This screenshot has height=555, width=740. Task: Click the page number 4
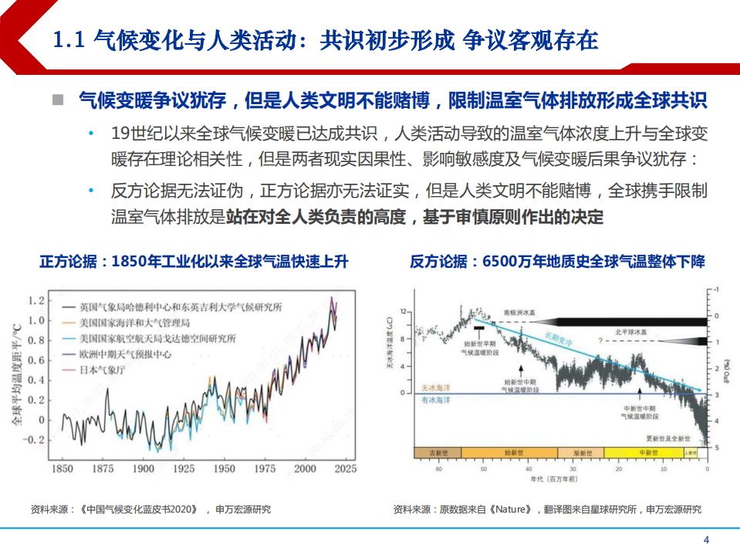pyautogui.click(x=705, y=539)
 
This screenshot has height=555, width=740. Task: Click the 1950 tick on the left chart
pyautogui.click(x=225, y=469)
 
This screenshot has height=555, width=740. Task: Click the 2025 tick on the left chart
pyautogui.click(x=345, y=469)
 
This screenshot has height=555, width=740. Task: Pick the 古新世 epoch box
pyautogui.click(x=438, y=453)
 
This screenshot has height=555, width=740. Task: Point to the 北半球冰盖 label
pyautogui.click(x=631, y=330)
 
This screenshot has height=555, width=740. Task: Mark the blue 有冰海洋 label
pyautogui.click(x=432, y=400)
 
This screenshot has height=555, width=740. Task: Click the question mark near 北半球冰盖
pyautogui.click(x=600, y=340)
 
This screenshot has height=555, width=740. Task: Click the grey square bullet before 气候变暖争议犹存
pyautogui.click(x=58, y=101)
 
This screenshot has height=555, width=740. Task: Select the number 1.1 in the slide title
pyautogui.click(x=69, y=40)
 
